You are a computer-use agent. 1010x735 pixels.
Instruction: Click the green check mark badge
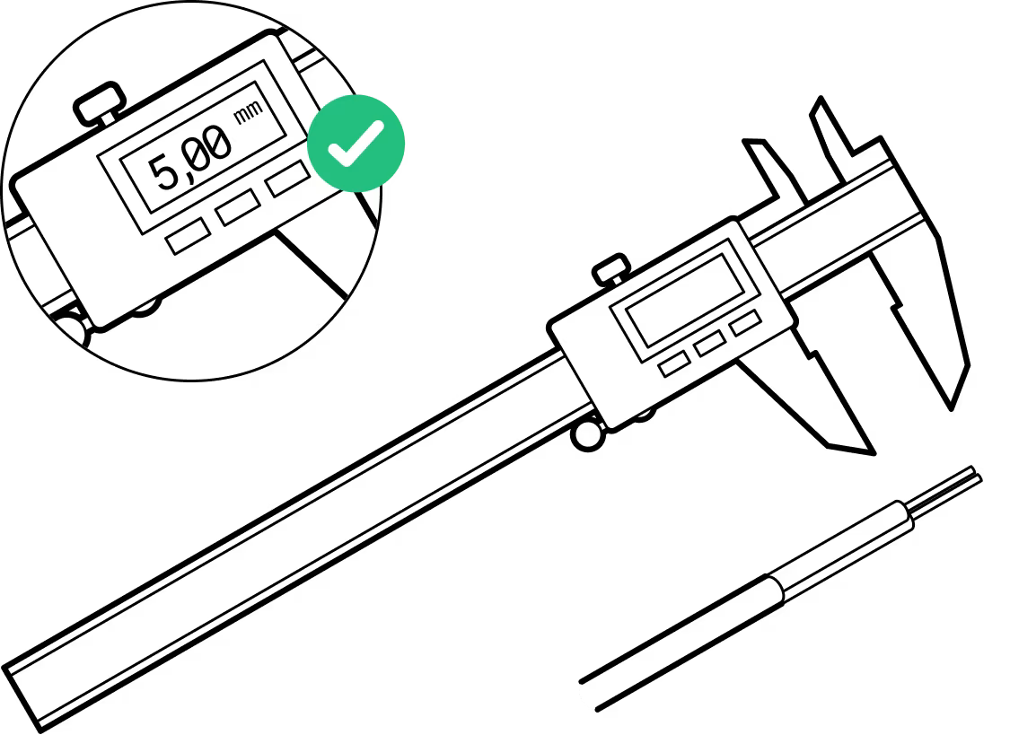(356, 143)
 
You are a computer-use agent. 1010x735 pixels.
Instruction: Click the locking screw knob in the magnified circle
(99, 104)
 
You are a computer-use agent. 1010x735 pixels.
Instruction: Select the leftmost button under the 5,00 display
(189, 236)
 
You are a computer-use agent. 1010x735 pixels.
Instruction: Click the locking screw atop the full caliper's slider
(612, 268)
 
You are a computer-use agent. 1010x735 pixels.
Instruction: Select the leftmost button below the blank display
(674, 363)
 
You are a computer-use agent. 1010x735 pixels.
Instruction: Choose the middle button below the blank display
(710, 342)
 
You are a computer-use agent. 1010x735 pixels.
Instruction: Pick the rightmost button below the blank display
(745, 322)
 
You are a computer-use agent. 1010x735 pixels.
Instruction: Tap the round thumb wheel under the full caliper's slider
(589, 433)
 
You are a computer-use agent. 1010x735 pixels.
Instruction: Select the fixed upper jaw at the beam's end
(835, 135)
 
